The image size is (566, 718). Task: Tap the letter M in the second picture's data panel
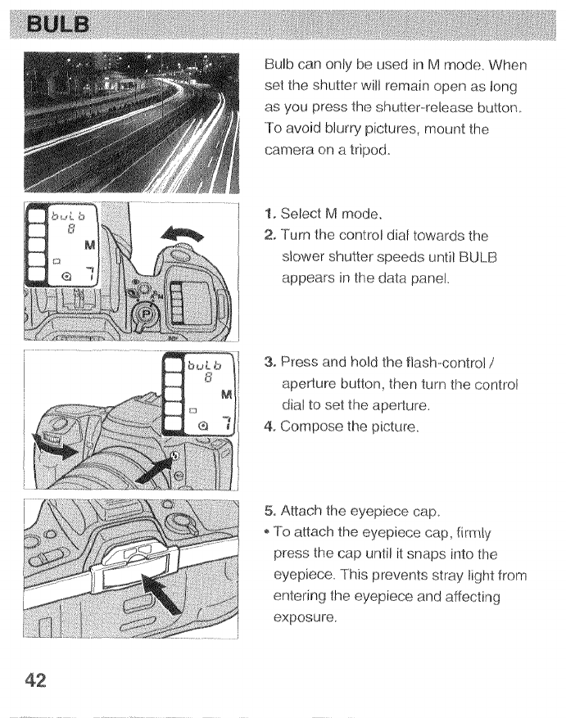click(90, 245)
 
